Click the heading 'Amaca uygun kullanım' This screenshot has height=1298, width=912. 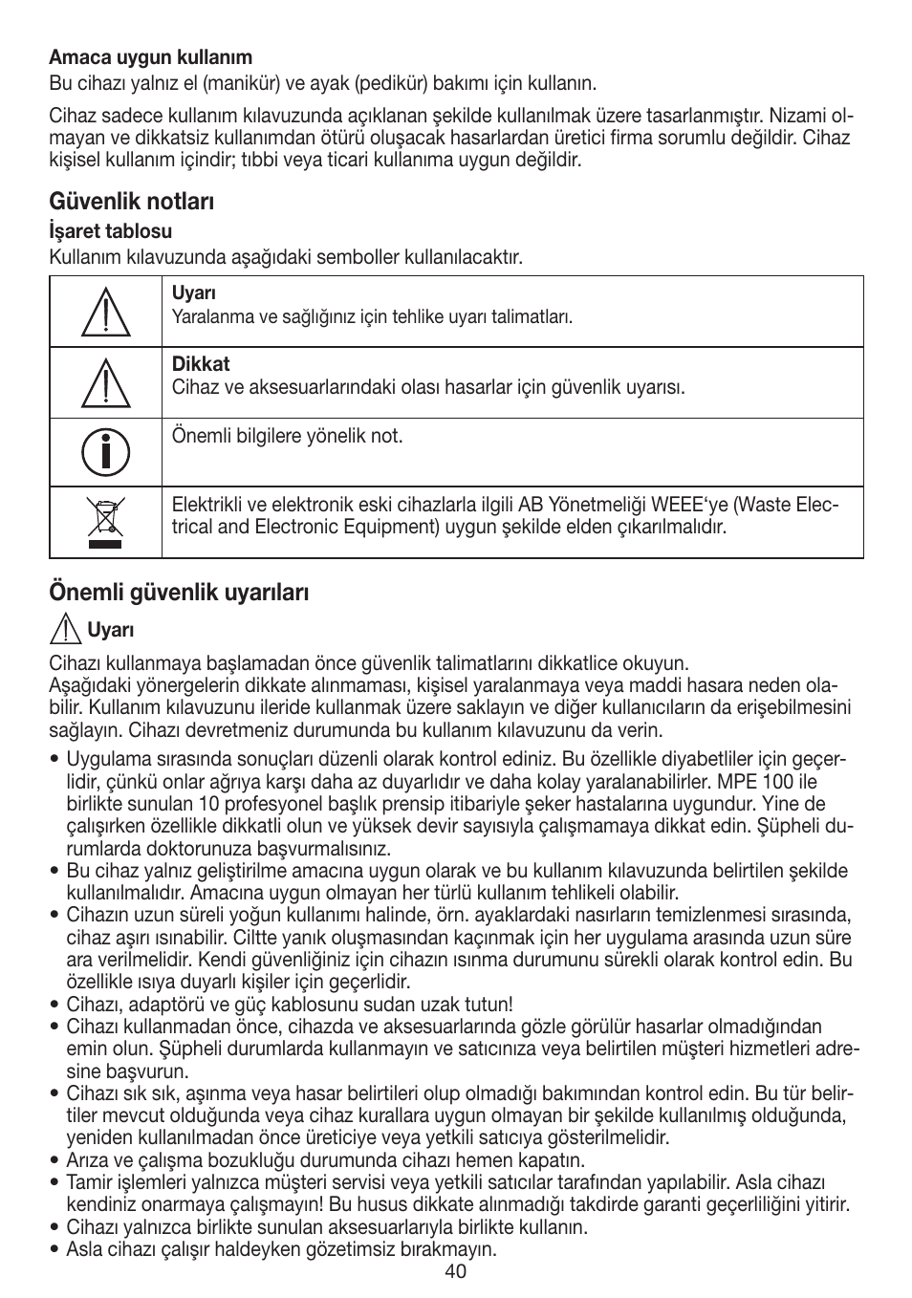[151, 57]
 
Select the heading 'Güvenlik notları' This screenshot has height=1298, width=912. [132, 202]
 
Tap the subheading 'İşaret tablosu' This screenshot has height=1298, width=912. [111, 231]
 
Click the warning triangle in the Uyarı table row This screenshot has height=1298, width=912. [105, 313]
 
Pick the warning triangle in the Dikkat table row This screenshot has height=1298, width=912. [105, 383]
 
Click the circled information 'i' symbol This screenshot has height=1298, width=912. [105, 452]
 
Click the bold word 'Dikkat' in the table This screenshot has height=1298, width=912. [201, 364]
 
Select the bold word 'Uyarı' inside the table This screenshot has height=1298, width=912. [194, 293]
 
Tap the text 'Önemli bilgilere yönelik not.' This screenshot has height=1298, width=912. [288, 436]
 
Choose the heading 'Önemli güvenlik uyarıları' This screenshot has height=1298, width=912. [179, 593]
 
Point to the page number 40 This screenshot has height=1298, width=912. [455, 1271]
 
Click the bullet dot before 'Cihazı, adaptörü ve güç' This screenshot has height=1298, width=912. [55, 1005]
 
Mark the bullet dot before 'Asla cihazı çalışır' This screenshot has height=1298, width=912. [55, 1249]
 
